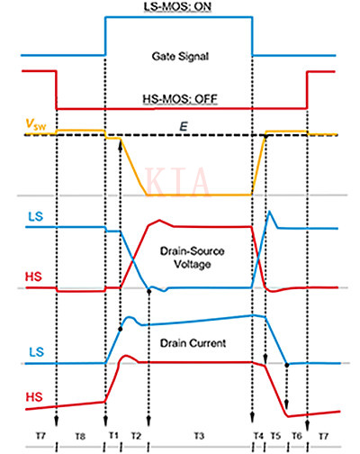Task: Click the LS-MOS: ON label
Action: point(177,8)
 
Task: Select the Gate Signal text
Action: point(177,56)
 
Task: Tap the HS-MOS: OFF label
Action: point(179,98)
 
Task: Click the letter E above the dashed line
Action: point(182,127)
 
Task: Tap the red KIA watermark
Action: point(181,179)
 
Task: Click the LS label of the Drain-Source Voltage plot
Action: point(35,218)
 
